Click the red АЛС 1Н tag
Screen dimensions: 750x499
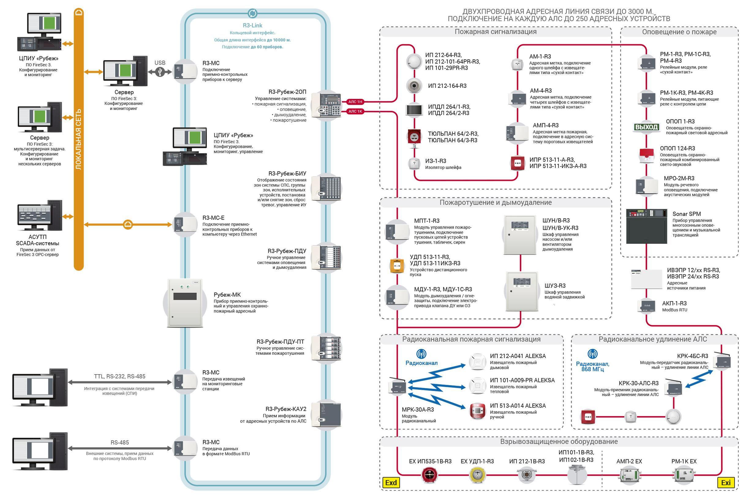pyautogui.click(x=355, y=102)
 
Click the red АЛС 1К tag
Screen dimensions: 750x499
pyautogui.click(x=355, y=111)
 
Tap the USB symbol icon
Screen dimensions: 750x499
pyautogui.click(x=160, y=72)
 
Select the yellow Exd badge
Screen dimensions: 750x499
pyautogui.click(x=391, y=482)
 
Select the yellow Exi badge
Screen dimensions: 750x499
pyautogui.click(x=726, y=482)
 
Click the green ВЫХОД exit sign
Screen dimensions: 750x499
pyautogui.click(x=646, y=127)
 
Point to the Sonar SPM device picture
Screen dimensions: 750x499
pyautogui.click(x=647, y=226)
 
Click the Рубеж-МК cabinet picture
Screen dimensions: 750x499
pyautogui.click(x=185, y=303)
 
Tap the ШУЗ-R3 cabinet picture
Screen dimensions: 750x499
pyautogui.click(x=522, y=291)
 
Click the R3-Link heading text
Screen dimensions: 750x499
pyautogui.click(x=252, y=25)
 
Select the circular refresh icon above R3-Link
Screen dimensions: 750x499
pyautogui.click(x=253, y=13)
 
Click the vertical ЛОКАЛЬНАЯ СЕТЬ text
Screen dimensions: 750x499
pyautogui.click(x=79, y=140)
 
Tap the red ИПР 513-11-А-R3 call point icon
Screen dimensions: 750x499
pyautogui.click(x=518, y=163)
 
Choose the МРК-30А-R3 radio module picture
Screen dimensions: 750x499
pyautogui.click(x=398, y=385)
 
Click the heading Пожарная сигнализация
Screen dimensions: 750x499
pyautogui.click(x=496, y=32)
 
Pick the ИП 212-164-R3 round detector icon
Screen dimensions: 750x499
pyautogui.click(x=414, y=86)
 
